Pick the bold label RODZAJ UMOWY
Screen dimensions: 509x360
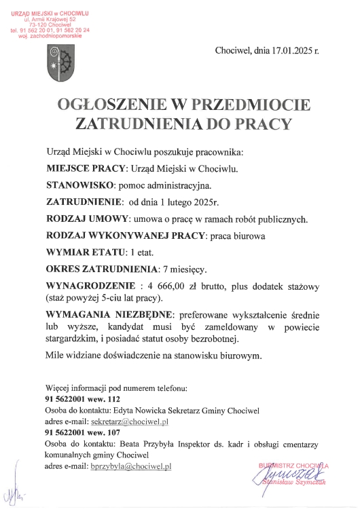(87, 219)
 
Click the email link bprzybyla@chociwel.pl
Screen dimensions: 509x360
(131, 466)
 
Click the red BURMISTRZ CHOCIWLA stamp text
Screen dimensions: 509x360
(293, 466)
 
